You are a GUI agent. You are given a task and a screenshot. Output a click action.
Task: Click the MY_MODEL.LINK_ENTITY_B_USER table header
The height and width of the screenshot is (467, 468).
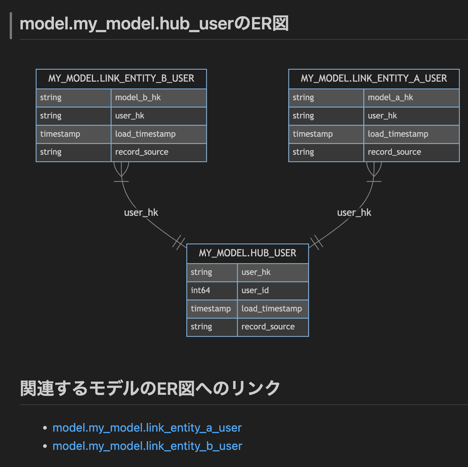click(121, 78)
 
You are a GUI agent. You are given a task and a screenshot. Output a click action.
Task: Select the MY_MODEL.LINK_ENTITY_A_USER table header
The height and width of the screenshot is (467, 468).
click(374, 78)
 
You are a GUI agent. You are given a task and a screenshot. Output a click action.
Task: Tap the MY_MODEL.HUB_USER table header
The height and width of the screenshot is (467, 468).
click(247, 253)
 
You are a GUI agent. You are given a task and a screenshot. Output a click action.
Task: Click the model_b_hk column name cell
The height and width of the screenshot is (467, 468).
click(158, 98)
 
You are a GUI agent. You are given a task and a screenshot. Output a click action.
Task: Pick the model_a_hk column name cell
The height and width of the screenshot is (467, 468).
click(411, 98)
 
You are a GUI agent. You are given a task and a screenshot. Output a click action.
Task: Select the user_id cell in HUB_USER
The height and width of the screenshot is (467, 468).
click(273, 291)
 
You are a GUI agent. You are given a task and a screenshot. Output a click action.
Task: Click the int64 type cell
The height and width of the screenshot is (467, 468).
click(212, 291)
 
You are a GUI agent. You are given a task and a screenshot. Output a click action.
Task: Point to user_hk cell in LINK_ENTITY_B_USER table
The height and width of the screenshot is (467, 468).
click(158, 116)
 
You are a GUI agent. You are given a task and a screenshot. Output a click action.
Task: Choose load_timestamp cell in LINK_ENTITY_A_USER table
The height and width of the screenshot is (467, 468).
click(411, 134)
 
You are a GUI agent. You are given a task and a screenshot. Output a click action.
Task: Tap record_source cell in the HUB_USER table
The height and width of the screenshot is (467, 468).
click(273, 327)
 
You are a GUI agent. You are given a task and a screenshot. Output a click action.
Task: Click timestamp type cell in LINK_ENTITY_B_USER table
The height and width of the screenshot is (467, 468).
click(73, 134)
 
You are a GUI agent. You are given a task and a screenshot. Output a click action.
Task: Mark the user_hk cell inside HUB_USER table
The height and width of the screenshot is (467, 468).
click(273, 272)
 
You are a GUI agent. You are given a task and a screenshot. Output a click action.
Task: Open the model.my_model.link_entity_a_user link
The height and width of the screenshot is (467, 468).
click(147, 428)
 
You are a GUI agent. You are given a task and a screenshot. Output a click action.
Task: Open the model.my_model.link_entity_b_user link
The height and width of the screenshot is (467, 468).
click(147, 446)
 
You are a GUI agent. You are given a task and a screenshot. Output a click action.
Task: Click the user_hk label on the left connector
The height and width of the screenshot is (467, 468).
click(141, 213)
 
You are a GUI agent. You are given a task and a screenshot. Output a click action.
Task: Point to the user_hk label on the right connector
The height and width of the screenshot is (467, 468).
click(354, 213)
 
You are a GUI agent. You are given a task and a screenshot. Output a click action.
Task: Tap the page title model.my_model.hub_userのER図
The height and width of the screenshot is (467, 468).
click(154, 24)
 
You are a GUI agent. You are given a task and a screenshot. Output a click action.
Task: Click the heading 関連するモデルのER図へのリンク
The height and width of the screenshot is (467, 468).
click(150, 388)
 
